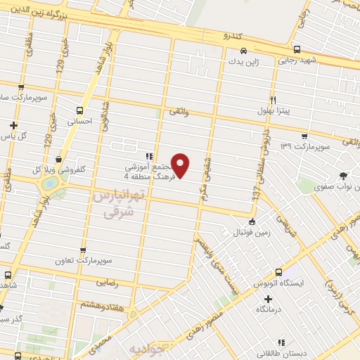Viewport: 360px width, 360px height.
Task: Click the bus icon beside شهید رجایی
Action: pyautogui.click(x=297, y=49)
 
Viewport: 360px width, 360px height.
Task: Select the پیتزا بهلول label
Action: pyautogui.click(x=274, y=111)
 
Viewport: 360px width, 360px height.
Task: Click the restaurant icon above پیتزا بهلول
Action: pyautogui.click(x=274, y=100)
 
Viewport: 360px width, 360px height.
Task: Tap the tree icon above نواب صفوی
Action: pyautogui.click(x=343, y=176)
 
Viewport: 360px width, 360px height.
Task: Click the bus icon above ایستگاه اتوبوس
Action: pyautogui.click(x=278, y=272)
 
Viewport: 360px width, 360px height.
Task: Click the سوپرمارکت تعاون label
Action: pyautogui.click(x=84, y=259)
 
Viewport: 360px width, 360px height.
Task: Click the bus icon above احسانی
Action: pyautogui.click(x=79, y=110)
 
